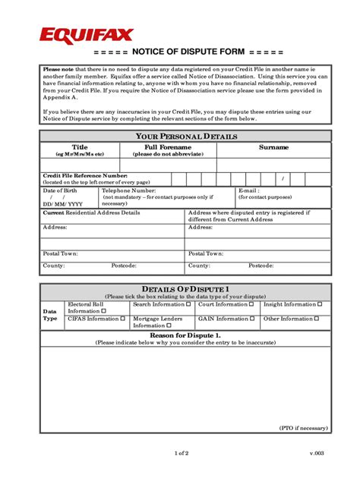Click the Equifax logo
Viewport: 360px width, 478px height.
pyautogui.click(x=86, y=35)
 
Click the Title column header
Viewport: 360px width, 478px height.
pyautogui.click(x=80, y=146)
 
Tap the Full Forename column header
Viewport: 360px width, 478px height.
pyautogui.click(x=168, y=146)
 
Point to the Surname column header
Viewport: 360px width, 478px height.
pyautogui.click(x=273, y=146)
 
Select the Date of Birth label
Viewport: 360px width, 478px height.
pyautogui.click(x=60, y=191)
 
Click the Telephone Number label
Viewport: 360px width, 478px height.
pyautogui.click(x=128, y=191)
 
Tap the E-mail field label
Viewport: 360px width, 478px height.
pyautogui.click(x=249, y=191)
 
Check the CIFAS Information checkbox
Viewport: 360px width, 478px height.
pyautogui.click(x=123, y=319)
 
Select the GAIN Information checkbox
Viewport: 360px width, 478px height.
pyautogui.click(x=253, y=319)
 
